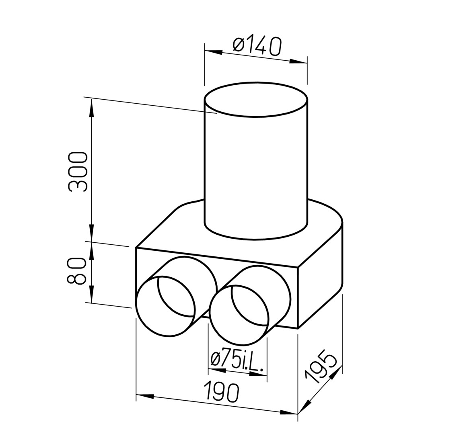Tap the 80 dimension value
click(77, 271)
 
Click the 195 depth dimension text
click(320, 366)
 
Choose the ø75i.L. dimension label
click(238, 360)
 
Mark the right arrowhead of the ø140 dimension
click(298, 61)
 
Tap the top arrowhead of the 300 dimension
click(92, 108)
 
